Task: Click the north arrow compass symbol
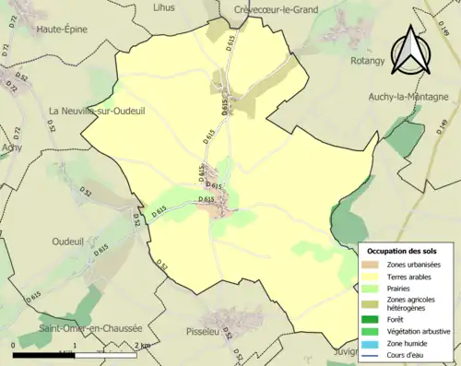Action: point(411,51)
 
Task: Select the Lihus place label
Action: point(164,8)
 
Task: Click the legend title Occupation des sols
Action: point(402,251)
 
